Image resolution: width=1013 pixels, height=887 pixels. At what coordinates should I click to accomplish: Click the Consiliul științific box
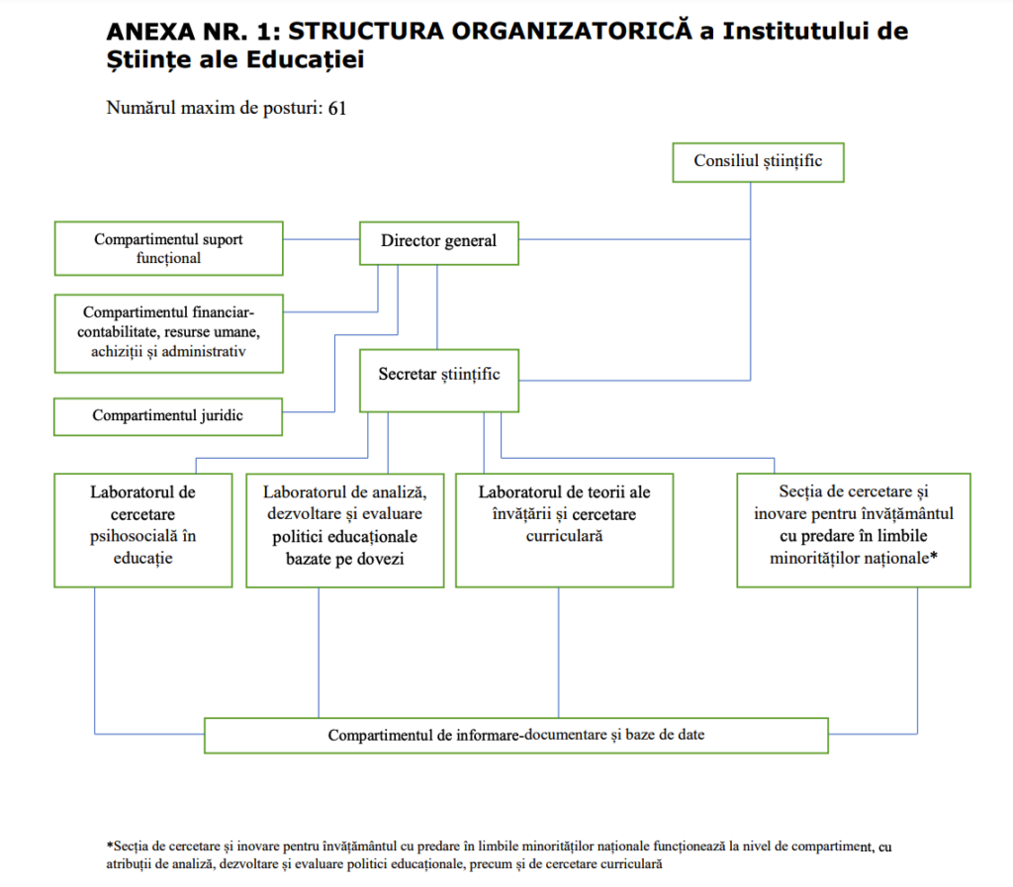[x=758, y=162]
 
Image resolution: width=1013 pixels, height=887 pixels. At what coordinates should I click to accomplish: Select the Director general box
[x=438, y=241]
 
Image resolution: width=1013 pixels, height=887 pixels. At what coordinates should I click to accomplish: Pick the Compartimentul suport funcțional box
[x=168, y=248]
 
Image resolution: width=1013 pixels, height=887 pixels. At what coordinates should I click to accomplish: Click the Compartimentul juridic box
[x=168, y=415]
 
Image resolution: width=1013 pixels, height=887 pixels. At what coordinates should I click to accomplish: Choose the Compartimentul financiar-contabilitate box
[x=168, y=332]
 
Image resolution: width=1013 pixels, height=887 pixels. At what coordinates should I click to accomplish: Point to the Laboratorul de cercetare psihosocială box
[x=142, y=530]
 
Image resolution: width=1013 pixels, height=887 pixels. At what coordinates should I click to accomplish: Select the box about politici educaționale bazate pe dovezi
[x=344, y=530]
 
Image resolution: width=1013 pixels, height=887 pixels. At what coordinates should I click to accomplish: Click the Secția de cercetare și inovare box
[x=853, y=530]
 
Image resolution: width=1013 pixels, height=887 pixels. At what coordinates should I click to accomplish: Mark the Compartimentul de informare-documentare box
[x=515, y=736]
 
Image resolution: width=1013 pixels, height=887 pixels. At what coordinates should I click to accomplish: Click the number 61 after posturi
[x=337, y=108]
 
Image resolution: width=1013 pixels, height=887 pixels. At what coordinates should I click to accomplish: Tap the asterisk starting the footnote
[x=110, y=846]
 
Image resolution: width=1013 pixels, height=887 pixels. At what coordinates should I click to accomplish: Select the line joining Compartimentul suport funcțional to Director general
[x=321, y=239]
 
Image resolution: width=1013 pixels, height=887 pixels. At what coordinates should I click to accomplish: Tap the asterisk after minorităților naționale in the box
[x=933, y=557]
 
